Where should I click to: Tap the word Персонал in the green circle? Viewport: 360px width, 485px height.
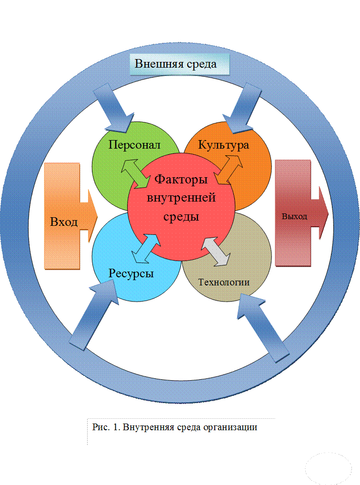point(134,145)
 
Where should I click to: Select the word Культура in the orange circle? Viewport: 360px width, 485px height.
point(223,145)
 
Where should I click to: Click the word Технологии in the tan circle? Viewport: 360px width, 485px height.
point(224,282)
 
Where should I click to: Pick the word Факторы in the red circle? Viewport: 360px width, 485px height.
point(181,180)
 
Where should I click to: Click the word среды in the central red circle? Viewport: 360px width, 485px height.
point(181,216)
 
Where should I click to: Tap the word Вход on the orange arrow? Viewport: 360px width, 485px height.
point(64,222)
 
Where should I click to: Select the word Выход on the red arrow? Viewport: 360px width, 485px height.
point(294,216)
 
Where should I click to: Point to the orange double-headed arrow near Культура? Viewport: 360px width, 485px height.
point(229,169)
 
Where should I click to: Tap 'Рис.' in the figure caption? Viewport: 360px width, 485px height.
point(100,427)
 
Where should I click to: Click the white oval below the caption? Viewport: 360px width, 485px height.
point(328,468)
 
